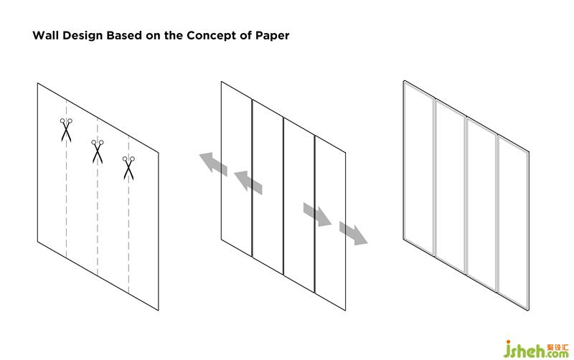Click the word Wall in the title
[x=44, y=35]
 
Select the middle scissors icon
[x=98, y=151]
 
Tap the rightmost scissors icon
[x=129, y=168]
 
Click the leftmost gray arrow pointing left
[x=213, y=163]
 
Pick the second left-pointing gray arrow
[x=248, y=180]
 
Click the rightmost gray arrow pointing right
[x=353, y=233]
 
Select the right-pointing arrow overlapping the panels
[x=316, y=214]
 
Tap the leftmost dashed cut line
[x=67, y=208]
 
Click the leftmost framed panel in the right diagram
[x=420, y=172]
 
